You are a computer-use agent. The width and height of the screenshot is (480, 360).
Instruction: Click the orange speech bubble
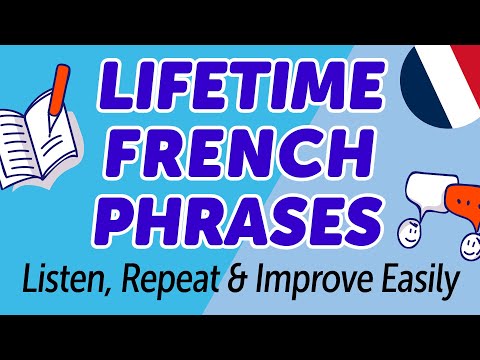[x=455, y=201]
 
